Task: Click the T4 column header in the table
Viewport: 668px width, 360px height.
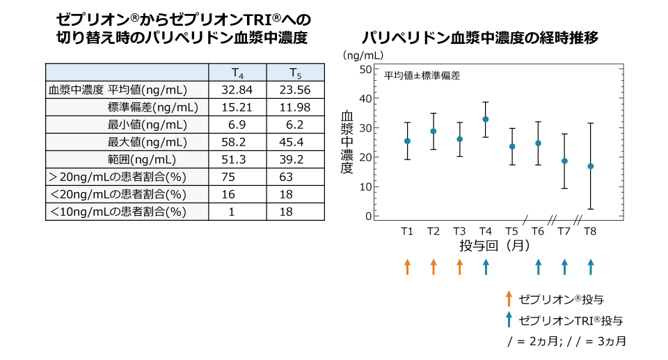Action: coord(237,73)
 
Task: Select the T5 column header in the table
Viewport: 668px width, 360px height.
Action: coord(295,73)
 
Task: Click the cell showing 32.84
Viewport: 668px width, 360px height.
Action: coord(237,90)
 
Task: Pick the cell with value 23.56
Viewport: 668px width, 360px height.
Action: coord(295,90)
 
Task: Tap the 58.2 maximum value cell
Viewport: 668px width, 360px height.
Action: coord(237,142)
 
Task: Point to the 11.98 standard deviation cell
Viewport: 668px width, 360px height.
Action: coord(295,107)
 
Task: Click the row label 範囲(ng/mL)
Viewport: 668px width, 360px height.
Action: coord(147,159)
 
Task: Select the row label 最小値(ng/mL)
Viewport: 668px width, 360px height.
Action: coord(147,125)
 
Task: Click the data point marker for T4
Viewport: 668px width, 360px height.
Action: coord(486,119)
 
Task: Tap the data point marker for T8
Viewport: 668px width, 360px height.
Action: coord(591,166)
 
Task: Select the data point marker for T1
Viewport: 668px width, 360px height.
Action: coord(408,141)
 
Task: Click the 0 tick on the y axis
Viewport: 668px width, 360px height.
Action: coord(369,216)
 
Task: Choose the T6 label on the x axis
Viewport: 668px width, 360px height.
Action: coord(538,231)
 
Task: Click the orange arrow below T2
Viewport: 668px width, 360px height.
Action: coord(434,266)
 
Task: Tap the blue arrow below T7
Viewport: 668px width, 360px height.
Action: coord(564,266)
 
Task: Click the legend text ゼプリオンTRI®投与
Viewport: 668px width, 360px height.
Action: coord(571,321)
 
